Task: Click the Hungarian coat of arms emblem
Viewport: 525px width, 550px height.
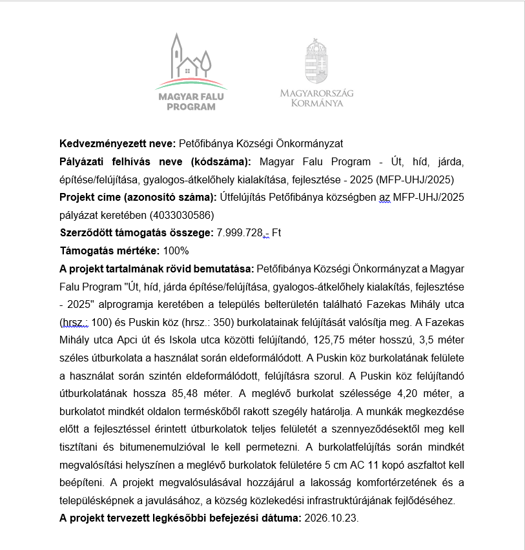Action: [316, 62]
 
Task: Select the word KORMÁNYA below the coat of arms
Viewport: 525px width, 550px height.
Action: [316, 103]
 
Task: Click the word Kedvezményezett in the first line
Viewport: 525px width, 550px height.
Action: [97, 143]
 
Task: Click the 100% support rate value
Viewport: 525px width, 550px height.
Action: [176, 250]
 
